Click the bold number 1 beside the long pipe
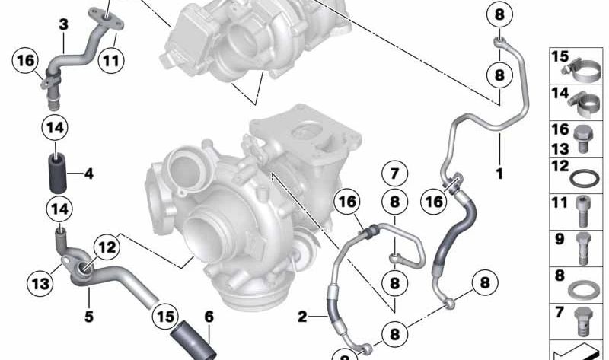point(499,174)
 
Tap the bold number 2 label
point(302,317)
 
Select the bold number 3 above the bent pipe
point(63,24)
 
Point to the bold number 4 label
point(89,174)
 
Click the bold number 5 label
point(89,317)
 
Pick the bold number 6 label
point(209,317)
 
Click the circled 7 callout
point(394,174)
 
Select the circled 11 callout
point(111,61)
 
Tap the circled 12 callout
point(107,247)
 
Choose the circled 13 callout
point(40,283)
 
